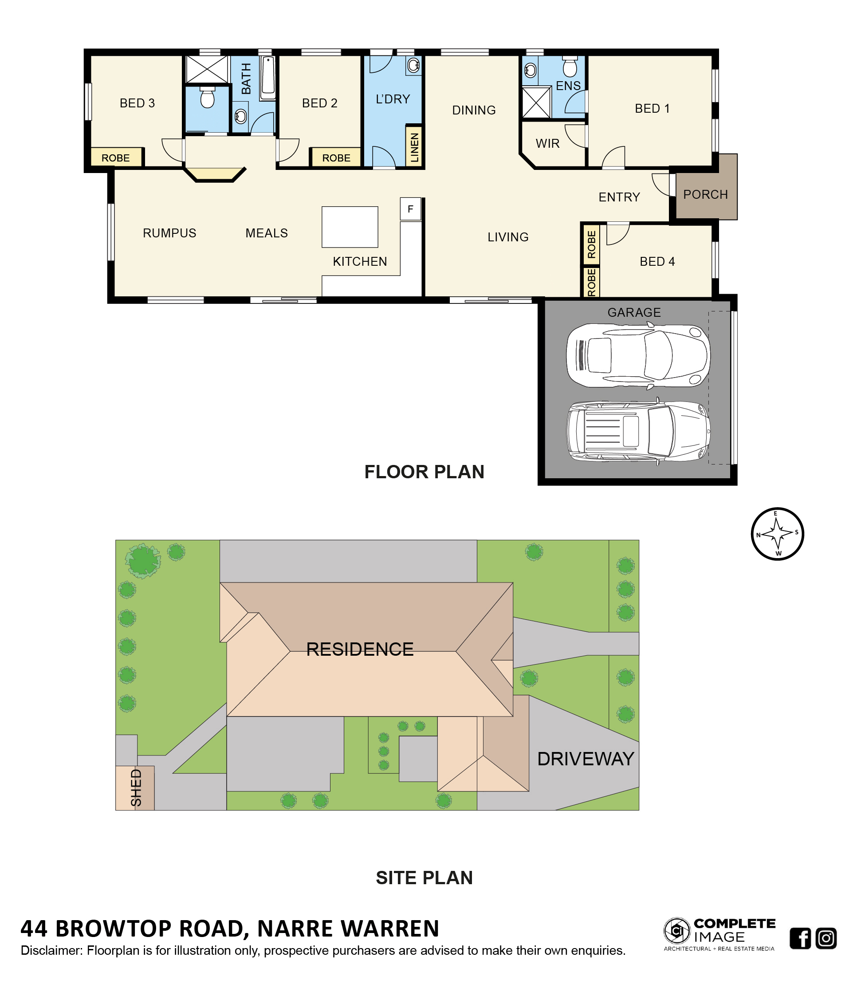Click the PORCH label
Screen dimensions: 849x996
705,194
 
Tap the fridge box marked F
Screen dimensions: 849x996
410,209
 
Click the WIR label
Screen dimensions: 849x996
547,143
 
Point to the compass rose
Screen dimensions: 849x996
777,534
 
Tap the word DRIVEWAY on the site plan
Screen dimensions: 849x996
585,759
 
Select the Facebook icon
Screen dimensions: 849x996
800,938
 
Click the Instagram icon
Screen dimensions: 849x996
826,938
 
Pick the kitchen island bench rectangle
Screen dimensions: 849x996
350,227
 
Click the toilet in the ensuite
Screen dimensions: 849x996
570,67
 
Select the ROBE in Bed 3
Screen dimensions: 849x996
116,157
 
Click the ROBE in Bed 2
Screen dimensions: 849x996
336,157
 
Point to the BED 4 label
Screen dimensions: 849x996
657,261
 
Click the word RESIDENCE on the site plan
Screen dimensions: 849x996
359,650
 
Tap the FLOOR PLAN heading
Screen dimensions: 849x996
424,472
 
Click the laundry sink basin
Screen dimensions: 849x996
413,65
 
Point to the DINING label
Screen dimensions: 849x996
474,110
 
